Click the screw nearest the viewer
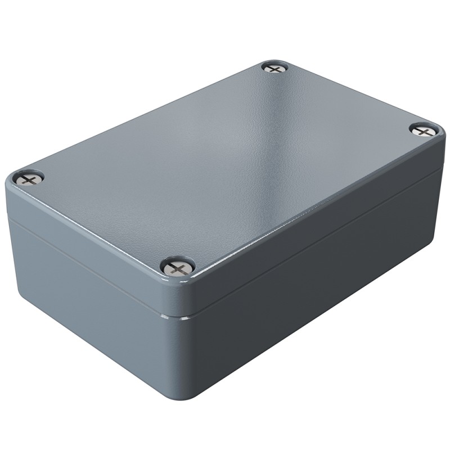178,266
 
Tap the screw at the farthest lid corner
275,68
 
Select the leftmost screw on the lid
29,178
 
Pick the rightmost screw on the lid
424,130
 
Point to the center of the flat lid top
225,163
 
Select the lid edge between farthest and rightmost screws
354,96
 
